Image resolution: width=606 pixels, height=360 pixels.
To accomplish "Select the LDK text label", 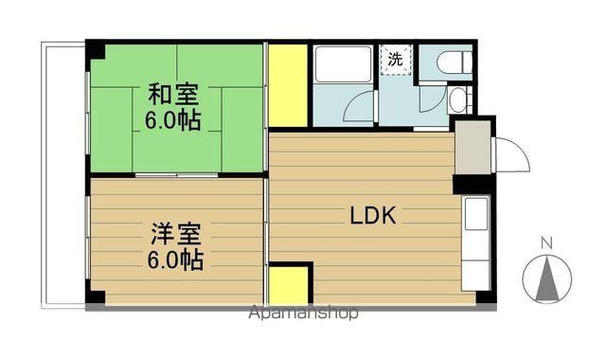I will point(373,215).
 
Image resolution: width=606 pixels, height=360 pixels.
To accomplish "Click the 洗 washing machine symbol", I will point(394,59).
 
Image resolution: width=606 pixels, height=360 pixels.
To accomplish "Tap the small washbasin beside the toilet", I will point(457,99).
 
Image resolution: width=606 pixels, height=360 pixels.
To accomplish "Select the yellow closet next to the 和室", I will point(288,85).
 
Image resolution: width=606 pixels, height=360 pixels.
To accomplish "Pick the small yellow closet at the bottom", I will point(290,284).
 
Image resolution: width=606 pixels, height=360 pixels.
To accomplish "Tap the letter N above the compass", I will point(545,243).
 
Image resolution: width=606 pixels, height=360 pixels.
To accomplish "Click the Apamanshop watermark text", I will point(303,313).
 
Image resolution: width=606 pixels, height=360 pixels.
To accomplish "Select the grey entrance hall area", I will point(472,147).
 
